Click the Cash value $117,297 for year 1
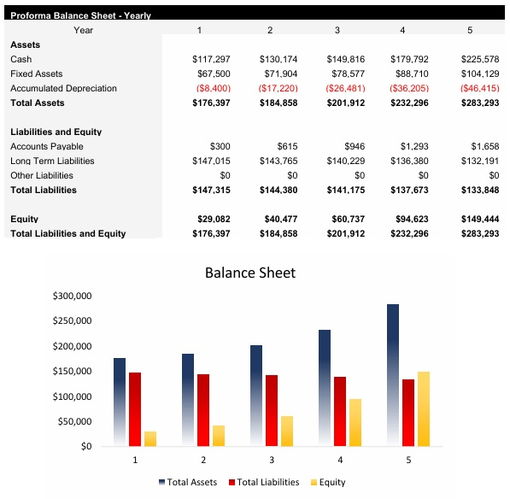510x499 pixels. tap(211, 59)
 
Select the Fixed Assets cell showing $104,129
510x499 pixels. tap(479, 73)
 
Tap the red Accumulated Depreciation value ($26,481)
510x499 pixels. tap(345, 88)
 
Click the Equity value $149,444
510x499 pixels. tap(479, 220)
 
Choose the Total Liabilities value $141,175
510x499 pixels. tap(345, 191)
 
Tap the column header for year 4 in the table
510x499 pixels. tap(402, 31)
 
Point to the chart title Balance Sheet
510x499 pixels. tap(250, 273)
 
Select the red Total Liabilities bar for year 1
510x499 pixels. tap(135, 408)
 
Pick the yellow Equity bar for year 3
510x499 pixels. tap(287, 431)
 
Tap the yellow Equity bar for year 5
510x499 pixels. tap(424, 408)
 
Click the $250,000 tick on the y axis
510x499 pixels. tap(73, 321)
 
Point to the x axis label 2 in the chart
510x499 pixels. tap(203, 460)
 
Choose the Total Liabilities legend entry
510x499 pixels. tap(264, 483)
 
